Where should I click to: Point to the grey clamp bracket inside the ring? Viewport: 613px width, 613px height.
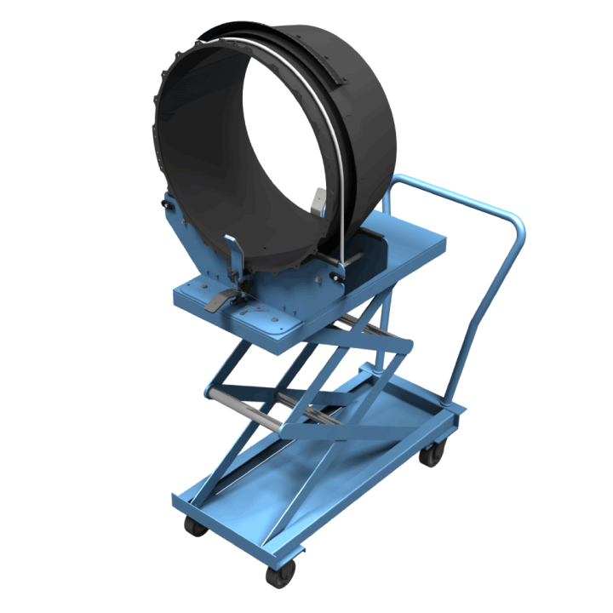pos(317,203)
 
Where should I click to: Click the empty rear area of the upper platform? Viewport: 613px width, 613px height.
pos(409,247)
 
